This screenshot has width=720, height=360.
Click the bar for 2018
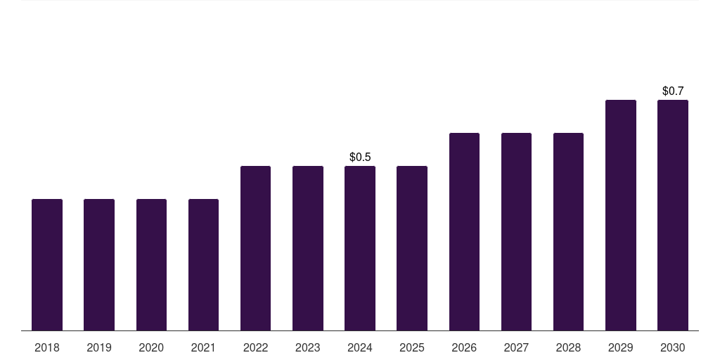(47, 265)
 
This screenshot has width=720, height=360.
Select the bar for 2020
(151, 265)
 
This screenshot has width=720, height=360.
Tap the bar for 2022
(255, 248)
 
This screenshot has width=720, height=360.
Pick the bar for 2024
(360, 248)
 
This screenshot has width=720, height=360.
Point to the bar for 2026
(464, 232)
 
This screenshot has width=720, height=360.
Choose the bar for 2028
(568, 232)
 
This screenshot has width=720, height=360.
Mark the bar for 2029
(620, 215)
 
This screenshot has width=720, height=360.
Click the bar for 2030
(673, 215)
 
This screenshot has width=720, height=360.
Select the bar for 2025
(412, 248)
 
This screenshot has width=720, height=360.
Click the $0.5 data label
(360, 157)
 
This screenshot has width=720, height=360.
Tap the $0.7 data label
(673, 91)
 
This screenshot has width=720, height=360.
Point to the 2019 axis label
(99, 347)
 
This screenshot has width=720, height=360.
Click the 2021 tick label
(203, 347)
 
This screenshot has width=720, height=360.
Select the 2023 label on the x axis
(307, 347)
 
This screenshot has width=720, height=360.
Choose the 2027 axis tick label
(516, 347)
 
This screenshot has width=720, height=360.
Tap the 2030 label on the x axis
(673, 347)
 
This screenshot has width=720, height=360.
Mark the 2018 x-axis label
(47, 347)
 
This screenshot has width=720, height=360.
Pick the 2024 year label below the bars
(360, 347)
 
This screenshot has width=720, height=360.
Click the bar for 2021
(203, 265)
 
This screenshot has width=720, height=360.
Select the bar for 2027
(516, 232)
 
